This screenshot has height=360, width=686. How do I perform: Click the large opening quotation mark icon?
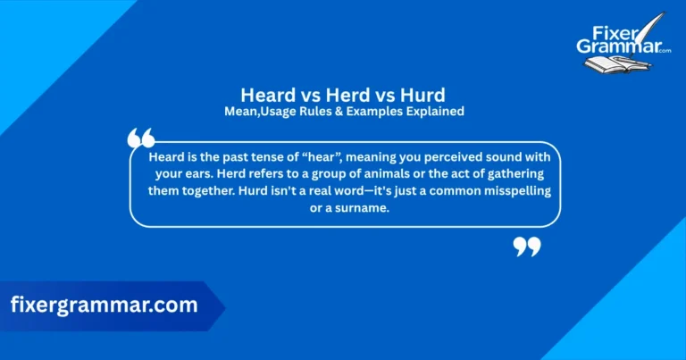point(141,138)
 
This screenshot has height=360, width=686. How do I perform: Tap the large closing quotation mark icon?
point(527,246)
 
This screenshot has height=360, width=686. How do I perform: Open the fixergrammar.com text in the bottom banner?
point(105,305)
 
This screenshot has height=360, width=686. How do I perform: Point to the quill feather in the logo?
point(657,25)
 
